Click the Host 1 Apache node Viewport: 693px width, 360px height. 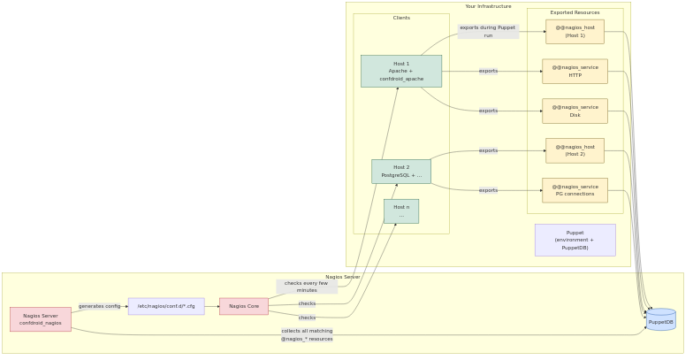[400, 71]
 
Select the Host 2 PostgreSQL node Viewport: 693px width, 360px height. [400, 172]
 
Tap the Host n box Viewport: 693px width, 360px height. [400, 211]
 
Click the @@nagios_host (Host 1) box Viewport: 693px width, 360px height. [575, 32]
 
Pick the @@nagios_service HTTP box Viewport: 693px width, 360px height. [575, 72]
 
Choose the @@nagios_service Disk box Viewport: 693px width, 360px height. [575, 111]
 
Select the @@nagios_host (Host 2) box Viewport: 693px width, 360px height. [575, 151]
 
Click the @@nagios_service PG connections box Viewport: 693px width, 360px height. [575, 190]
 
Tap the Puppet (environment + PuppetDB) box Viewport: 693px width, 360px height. [575, 240]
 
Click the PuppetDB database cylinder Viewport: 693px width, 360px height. [660, 320]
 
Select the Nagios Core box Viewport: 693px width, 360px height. [243, 306]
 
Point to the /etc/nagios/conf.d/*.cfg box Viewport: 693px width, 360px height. [166, 306]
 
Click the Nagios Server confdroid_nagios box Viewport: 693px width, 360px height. [41, 319]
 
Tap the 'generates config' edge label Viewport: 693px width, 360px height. [100, 306]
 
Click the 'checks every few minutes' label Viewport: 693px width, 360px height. [306, 287]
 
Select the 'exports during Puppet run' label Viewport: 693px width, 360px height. [487, 32]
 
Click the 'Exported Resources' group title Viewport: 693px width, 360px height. [575, 12]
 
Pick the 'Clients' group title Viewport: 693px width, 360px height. [401, 18]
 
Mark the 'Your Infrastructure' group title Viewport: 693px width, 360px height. [488, 6]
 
